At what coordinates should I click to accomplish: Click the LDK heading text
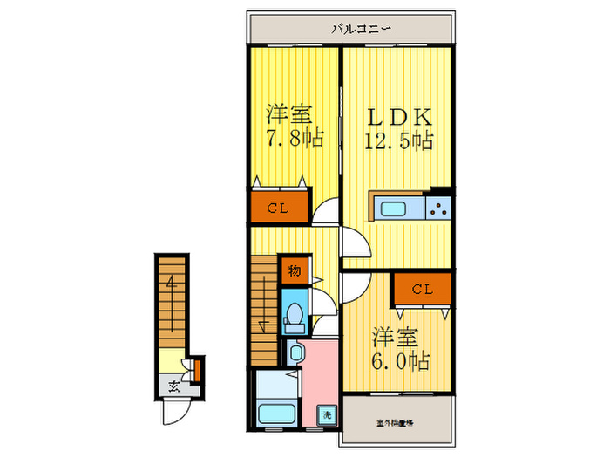(x=396, y=116)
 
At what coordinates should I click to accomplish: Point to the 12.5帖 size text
(x=398, y=141)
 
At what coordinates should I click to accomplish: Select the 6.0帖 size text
(x=402, y=359)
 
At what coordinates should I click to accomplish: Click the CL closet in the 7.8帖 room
(x=279, y=208)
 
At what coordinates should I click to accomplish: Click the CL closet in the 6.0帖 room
(x=422, y=289)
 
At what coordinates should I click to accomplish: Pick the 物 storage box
(x=295, y=271)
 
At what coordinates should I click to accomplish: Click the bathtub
(x=274, y=413)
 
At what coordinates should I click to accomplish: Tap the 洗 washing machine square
(x=325, y=414)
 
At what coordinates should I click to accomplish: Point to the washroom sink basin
(x=295, y=353)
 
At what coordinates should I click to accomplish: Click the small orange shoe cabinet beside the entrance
(x=198, y=370)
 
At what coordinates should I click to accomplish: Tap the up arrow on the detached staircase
(x=172, y=288)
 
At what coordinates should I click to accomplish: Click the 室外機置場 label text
(x=396, y=422)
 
